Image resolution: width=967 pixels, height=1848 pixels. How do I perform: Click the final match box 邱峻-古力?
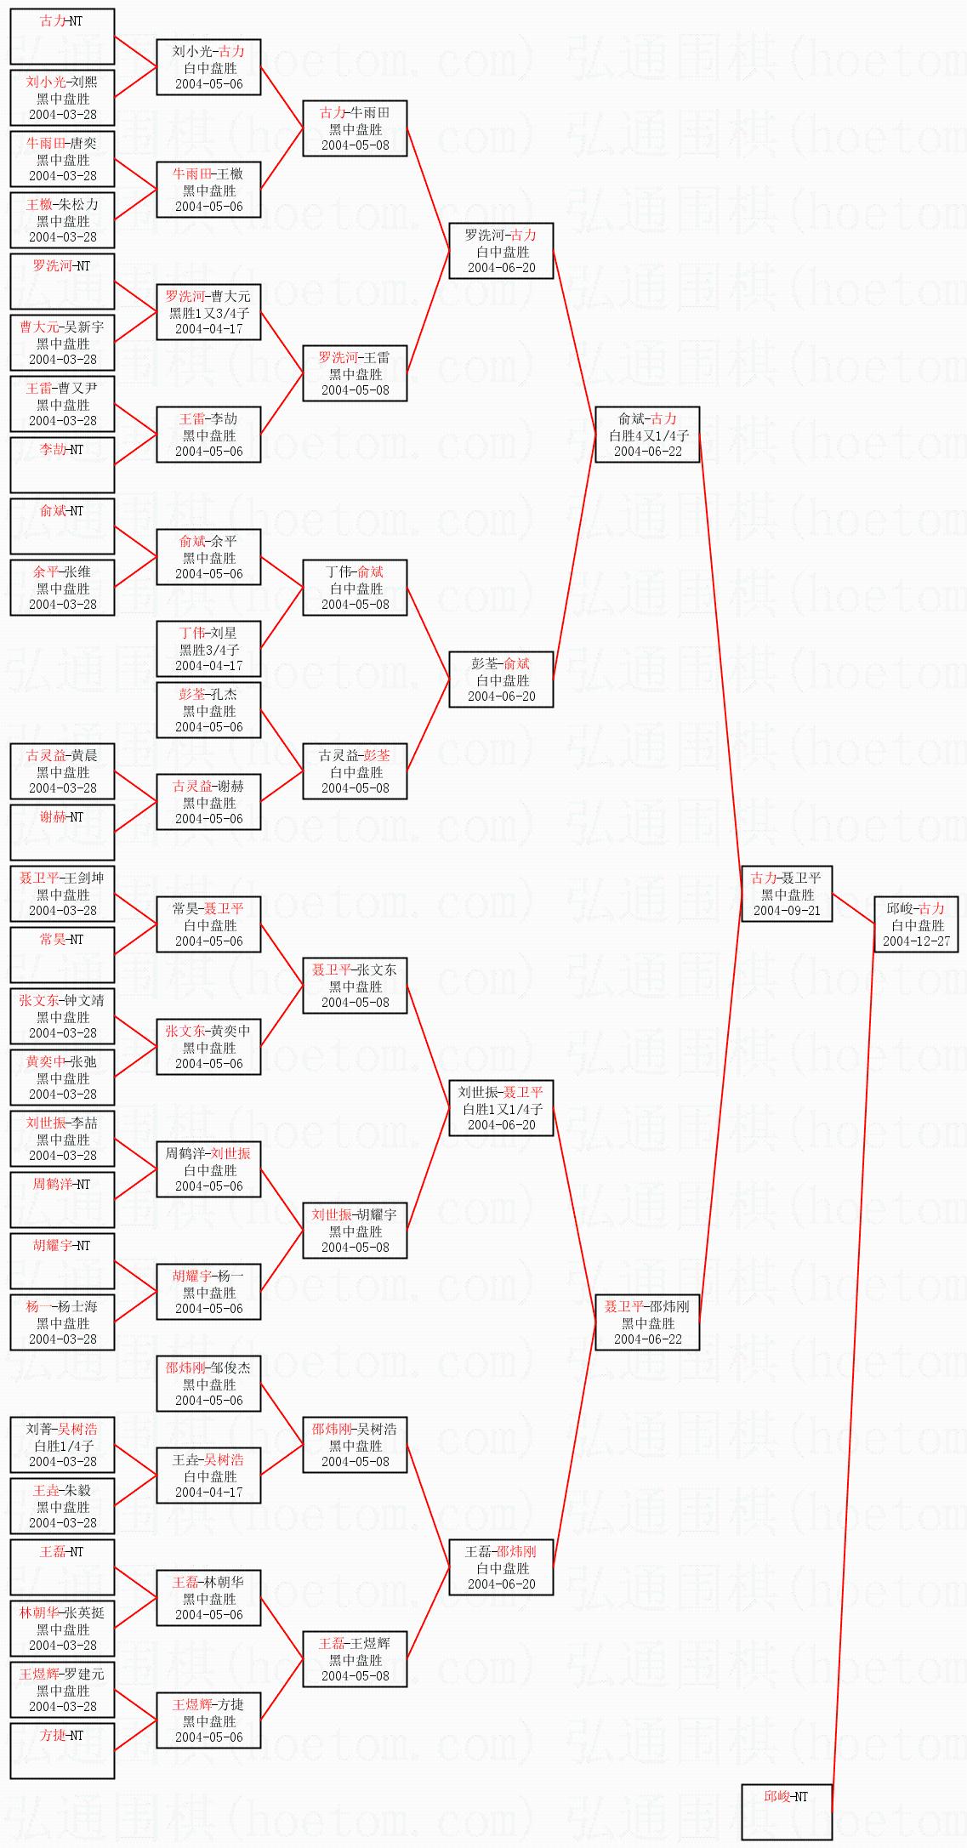coord(916,924)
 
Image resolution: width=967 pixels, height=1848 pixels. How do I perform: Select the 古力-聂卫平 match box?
coord(787,894)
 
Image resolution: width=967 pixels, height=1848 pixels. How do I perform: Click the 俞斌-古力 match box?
coord(648,435)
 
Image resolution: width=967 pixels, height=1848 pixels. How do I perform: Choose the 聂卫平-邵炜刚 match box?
coord(647,1322)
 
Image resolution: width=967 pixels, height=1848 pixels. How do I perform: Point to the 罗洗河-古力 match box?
coord(502,251)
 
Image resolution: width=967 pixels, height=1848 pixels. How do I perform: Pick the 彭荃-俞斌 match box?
coord(502,679)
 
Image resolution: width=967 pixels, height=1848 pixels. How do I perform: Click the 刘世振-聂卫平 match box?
coord(502,1108)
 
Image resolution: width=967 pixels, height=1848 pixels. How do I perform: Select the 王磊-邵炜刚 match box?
coord(502,1567)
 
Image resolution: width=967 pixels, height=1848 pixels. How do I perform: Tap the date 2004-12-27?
coord(916,941)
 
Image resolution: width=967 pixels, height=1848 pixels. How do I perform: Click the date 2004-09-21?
coord(787,911)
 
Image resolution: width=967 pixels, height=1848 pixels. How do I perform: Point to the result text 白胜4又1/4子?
coord(648,435)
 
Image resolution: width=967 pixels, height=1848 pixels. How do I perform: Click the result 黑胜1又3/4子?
coord(208,313)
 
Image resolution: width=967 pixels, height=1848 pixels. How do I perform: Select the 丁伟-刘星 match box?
coord(208,649)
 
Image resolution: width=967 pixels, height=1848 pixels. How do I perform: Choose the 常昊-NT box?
coord(62,955)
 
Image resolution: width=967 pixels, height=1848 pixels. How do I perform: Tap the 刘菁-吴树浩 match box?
coord(62,1445)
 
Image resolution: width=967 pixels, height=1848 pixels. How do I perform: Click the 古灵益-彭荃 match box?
coord(356,771)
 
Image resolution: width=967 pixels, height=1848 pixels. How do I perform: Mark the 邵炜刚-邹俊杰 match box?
coord(208,1384)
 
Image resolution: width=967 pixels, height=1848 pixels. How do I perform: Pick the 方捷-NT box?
coord(62,1751)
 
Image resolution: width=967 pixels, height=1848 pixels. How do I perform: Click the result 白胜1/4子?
coord(62,1446)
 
